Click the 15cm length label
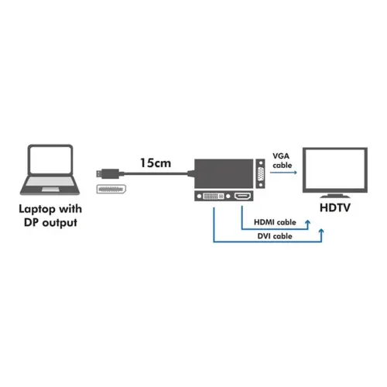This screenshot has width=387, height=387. point(156,163)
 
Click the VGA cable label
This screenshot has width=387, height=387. point(283,160)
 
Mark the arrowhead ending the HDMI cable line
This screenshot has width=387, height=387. point(308,224)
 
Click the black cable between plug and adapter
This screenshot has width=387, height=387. point(155,174)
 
